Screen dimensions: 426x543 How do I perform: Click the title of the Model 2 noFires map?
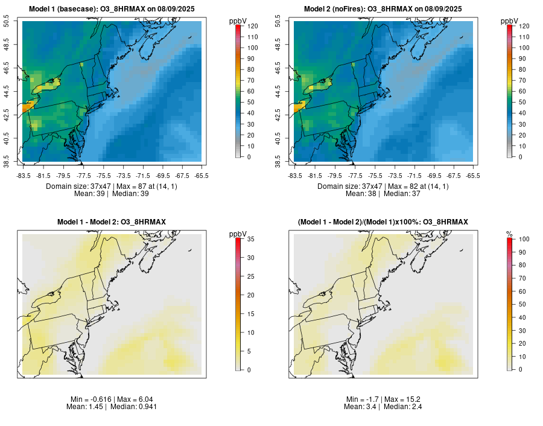click(383, 8)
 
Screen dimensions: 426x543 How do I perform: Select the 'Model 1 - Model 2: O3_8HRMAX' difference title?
click(112, 222)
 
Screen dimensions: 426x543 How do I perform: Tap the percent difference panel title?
click(383, 222)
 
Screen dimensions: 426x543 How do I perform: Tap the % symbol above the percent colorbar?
click(509, 234)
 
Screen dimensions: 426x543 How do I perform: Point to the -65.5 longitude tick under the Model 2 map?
click(472, 176)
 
